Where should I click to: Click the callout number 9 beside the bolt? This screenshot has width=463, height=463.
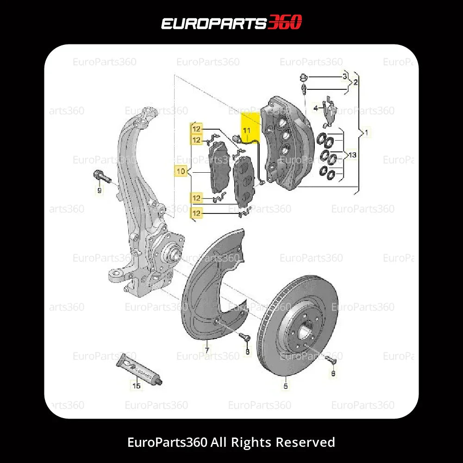click(99, 190)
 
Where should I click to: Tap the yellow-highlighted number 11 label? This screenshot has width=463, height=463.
click(246, 131)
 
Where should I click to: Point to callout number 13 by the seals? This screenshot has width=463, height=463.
click(352, 155)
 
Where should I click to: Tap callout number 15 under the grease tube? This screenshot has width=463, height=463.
click(137, 385)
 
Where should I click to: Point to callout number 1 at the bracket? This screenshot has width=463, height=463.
click(367, 133)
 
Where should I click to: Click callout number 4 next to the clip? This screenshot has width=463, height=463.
click(316, 108)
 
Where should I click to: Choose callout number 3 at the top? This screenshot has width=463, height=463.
click(344, 75)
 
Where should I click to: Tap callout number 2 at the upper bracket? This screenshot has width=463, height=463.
click(355, 82)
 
